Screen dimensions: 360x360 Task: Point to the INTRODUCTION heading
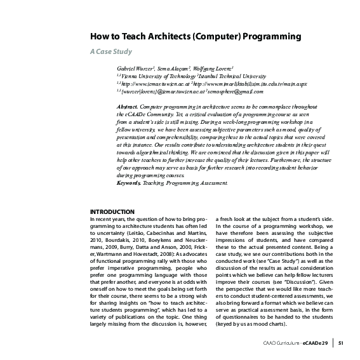112,211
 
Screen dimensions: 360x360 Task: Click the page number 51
340,344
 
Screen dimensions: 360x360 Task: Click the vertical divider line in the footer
333,344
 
